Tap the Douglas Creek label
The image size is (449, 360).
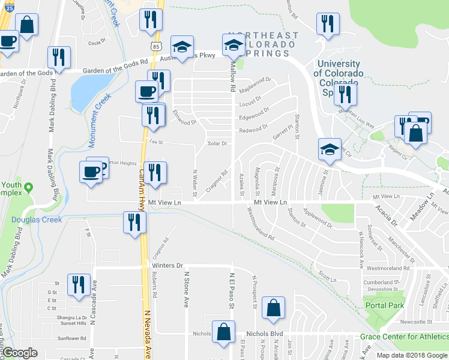(x=37, y=220)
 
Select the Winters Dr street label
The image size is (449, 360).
(x=167, y=265)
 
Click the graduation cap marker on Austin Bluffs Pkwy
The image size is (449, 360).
(x=180, y=47)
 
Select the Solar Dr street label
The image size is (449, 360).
(x=217, y=143)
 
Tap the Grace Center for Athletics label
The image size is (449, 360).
(x=404, y=336)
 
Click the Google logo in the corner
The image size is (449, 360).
(x=20, y=353)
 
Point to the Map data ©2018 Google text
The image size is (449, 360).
(x=412, y=355)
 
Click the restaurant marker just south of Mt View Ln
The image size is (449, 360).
(x=133, y=222)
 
